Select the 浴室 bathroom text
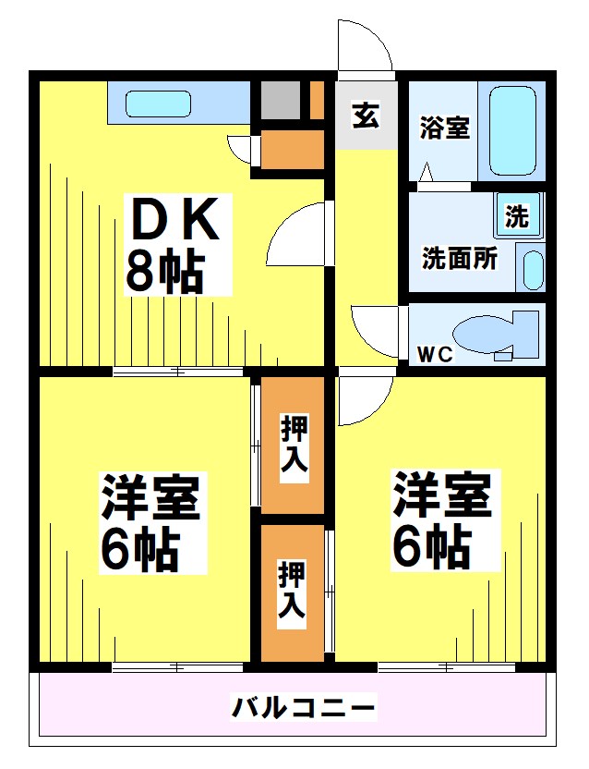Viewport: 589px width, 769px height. [444, 128]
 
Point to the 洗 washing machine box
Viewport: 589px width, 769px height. [516, 217]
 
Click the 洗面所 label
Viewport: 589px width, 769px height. [460, 259]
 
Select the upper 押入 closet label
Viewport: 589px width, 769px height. [294, 444]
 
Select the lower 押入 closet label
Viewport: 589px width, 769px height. [294, 591]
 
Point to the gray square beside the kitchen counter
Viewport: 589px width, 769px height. [280, 100]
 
